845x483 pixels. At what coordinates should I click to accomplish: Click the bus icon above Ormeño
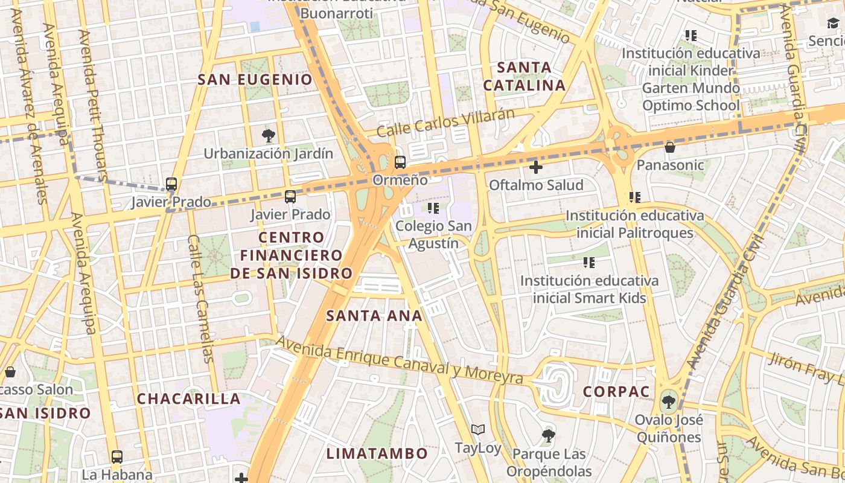[400, 162]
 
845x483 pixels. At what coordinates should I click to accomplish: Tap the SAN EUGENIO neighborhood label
[255, 79]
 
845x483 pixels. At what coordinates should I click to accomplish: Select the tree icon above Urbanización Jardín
[269, 135]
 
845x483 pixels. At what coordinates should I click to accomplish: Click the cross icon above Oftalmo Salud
[535, 167]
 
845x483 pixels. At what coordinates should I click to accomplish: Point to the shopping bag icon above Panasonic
[669, 147]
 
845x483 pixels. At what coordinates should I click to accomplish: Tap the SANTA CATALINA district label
[525, 76]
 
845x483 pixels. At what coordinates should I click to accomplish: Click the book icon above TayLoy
[478, 430]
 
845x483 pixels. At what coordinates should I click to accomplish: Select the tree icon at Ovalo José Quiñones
[668, 401]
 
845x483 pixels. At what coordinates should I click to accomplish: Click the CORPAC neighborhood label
[616, 391]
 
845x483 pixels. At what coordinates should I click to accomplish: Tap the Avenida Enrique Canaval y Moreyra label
[399, 360]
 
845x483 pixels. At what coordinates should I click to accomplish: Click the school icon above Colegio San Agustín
[433, 208]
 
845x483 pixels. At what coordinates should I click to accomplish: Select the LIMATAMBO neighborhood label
[377, 453]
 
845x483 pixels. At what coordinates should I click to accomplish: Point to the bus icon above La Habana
[117, 457]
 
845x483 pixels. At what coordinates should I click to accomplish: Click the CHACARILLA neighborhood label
[189, 398]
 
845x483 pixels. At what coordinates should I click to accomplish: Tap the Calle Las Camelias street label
[201, 299]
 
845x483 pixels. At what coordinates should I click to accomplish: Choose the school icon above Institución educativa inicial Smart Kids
[589, 263]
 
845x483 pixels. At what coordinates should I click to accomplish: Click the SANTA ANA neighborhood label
[374, 315]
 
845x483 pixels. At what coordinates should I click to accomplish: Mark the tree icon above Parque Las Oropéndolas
[548, 435]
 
